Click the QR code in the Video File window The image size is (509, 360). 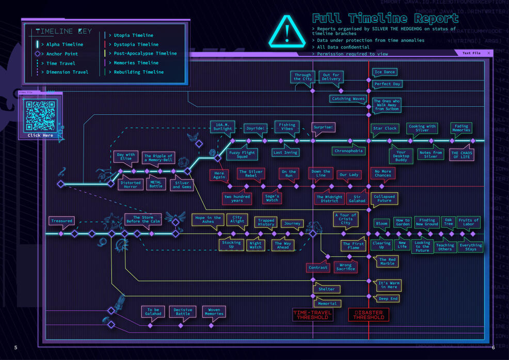(40, 115)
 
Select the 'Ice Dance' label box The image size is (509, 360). (385, 72)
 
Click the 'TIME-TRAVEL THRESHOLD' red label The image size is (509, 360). (313, 315)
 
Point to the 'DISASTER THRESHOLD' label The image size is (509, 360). (369, 315)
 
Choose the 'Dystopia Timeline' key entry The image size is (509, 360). (136, 44)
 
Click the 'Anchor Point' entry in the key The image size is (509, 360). (62, 54)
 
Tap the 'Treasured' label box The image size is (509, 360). (61, 221)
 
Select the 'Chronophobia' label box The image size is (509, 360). (349, 151)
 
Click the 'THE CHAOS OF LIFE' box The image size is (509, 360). (462, 155)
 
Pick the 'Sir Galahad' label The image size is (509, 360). (357, 198)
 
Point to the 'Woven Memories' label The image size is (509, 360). (214, 311)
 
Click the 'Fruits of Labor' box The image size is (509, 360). (469, 222)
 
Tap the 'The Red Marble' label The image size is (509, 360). (387, 261)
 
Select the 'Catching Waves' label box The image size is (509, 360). (348, 99)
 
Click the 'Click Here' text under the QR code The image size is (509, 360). (40, 135)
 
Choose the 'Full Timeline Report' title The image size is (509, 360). (385, 19)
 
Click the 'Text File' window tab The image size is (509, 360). (471, 53)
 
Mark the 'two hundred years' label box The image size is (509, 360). (237, 198)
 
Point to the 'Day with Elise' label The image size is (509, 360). (126, 156)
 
